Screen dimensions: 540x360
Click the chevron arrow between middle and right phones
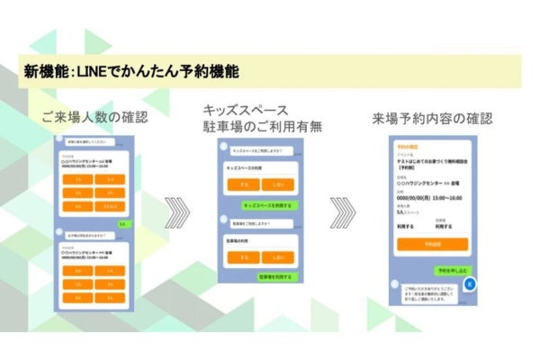tap(343, 217)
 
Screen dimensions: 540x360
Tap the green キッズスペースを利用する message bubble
tap(273, 204)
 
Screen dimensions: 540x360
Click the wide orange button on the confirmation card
tap(432, 244)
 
